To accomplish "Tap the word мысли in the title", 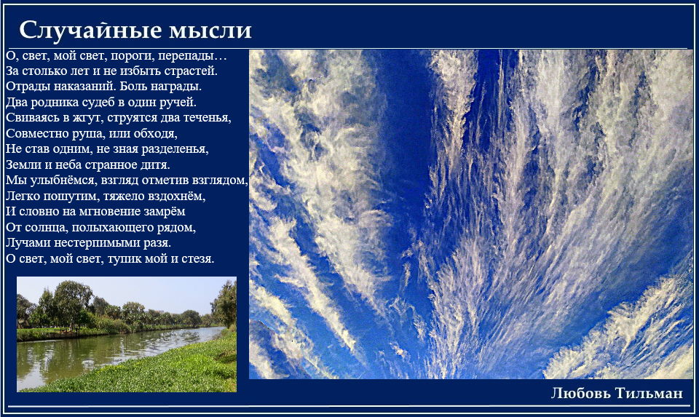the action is coord(210,31).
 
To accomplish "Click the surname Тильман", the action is coord(649,393).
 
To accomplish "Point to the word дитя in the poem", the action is coord(156,165).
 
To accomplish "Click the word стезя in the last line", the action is coord(197,259).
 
